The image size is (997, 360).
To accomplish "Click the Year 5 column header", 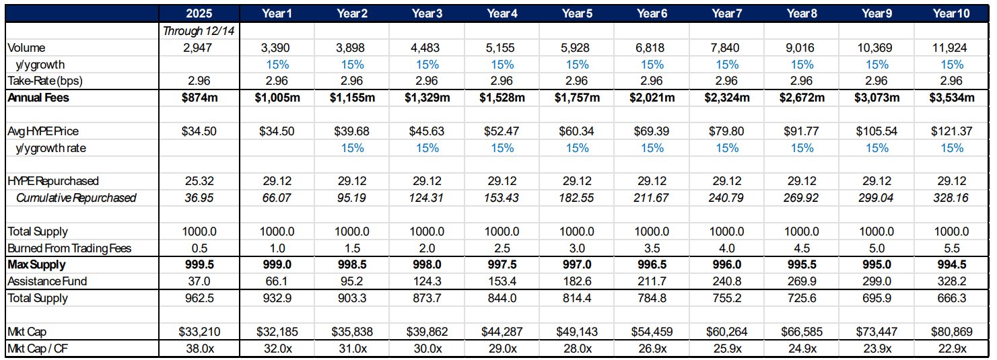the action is pos(577,13).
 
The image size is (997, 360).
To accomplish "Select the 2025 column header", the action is pos(199,13).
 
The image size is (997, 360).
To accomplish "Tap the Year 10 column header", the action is pos(951,13).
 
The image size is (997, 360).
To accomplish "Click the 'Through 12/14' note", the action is pos(199,31).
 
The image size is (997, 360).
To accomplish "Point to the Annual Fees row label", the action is pos(38,98).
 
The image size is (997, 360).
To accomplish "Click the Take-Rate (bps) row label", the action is pos(45,81).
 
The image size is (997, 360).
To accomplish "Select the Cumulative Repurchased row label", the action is pos(76,198).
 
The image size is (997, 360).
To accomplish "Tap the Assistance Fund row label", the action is pos(47,281).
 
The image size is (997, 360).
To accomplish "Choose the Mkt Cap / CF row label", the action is pos(38,349).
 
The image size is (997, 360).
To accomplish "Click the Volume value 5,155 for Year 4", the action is pos(502,48).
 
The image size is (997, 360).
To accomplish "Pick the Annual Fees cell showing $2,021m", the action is pos(652,98).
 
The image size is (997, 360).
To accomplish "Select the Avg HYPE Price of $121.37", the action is pos(951,131).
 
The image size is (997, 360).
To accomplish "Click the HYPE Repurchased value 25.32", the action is pos(199,181).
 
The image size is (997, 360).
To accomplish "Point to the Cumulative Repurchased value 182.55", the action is pos(576,198).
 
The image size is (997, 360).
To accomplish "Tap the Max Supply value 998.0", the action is pos(427,264).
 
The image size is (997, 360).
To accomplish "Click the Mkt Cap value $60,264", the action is pos(726,332).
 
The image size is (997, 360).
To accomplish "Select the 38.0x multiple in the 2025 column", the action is pos(199,349).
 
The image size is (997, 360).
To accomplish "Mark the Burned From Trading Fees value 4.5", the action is pos(802,248).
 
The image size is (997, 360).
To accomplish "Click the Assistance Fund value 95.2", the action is pos(351,281).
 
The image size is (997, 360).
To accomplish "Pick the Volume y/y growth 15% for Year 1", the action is pos(277,65).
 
